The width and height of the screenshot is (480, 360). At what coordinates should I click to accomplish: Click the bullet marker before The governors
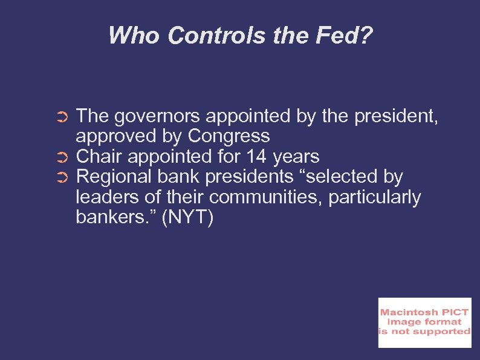click(x=66, y=116)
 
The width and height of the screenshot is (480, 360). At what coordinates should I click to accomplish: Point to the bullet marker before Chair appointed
click(x=66, y=157)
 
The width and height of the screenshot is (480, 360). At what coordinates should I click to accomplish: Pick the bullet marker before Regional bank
click(x=66, y=178)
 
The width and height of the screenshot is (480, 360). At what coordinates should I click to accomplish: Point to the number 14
click(x=256, y=156)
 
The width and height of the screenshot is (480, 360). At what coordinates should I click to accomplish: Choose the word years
click(x=296, y=156)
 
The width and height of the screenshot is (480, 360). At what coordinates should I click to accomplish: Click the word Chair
click(x=99, y=156)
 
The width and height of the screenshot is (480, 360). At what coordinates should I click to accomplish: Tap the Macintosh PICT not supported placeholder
click(x=424, y=322)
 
